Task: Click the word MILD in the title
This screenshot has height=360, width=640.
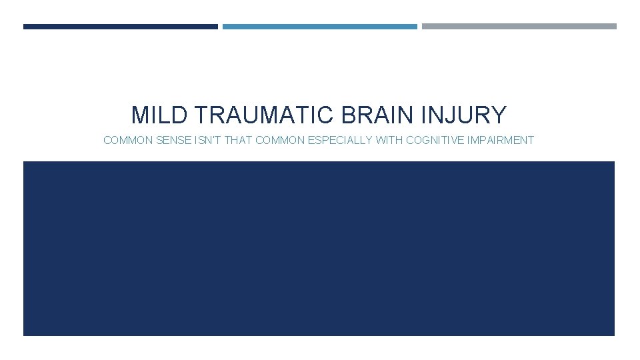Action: coord(153,115)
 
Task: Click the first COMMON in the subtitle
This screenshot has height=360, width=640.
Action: coord(125,141)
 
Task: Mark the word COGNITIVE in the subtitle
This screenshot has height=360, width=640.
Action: coord(433,141)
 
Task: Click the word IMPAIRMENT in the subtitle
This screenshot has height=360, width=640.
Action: coord(501,141)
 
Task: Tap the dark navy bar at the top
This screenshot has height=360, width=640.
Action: coord(120,27)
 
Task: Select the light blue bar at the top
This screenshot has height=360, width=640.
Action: coord(319,27)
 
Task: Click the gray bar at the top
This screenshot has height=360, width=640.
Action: coord(519,27)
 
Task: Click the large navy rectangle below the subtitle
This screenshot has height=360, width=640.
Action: coord(319,248)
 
